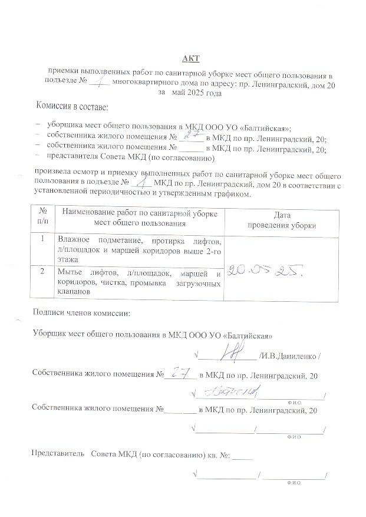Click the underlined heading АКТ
[x=191, y=58]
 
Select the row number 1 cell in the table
[x=42, y=239]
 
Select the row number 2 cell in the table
[x=42, y=272]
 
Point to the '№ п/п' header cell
[x=42, y=216]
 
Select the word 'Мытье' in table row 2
[x=70, y=273]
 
